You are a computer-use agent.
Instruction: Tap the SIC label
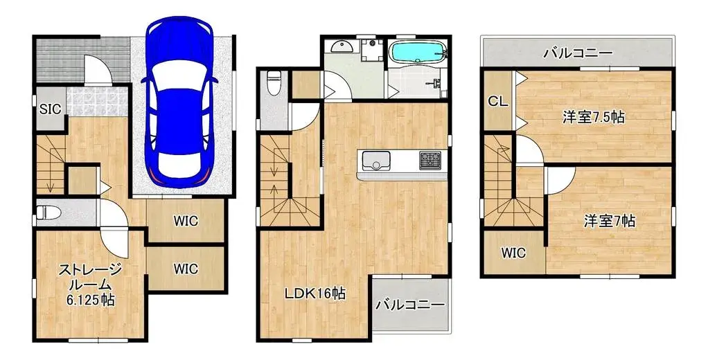point(50,108)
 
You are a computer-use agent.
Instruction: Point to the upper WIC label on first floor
point(186,222)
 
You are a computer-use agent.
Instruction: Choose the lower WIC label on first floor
point(186,269)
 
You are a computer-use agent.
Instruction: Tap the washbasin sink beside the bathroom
point(343,47)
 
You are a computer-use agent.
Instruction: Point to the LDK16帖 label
point(315,294)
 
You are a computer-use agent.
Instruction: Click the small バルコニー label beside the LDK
point(411,305)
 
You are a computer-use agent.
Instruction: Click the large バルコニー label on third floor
point(577,53)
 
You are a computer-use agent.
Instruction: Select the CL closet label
point(497,101)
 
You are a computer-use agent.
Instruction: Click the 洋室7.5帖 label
point(593,117)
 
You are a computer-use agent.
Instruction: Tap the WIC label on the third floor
point(513,253)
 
